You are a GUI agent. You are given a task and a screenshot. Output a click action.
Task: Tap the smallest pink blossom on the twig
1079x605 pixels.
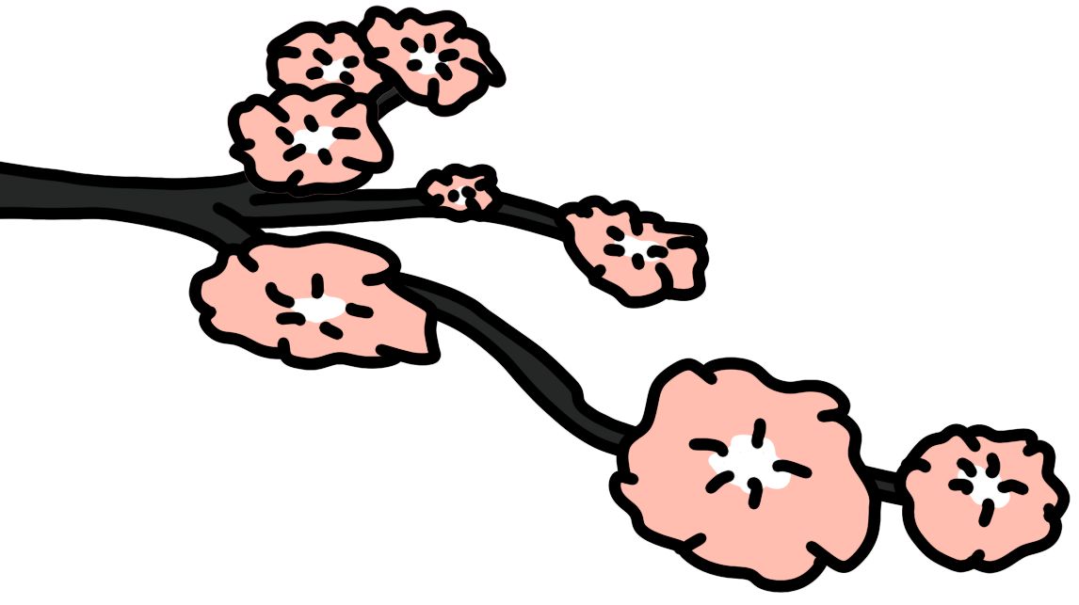pyautogui.click(x=459, y=194)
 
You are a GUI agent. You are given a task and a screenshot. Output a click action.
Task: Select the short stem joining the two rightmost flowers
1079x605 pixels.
pyautogui.click(x=886, y=486)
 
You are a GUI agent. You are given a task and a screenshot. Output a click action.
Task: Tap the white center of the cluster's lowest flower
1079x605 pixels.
pyautogui.click(x=314, y=138)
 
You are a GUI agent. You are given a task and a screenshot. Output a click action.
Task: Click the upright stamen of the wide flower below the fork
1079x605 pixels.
pyautogui.click(x=317, y=285)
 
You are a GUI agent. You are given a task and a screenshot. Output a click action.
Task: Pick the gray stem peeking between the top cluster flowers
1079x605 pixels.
pyautogui.click(x=385, y=94)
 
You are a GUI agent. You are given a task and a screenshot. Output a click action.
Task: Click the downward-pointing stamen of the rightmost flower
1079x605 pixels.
pyautogui.click(x=985, y=513)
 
